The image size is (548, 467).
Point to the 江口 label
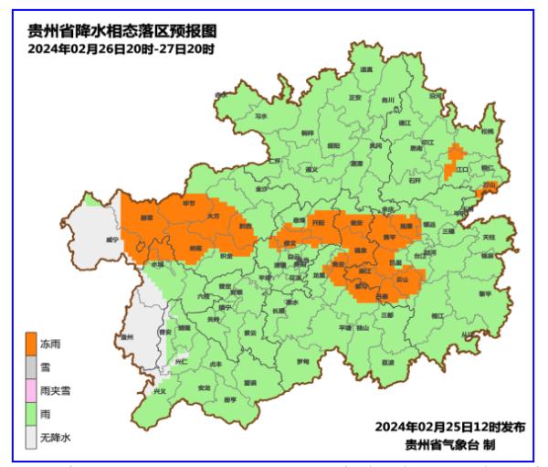tap(462, 170)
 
